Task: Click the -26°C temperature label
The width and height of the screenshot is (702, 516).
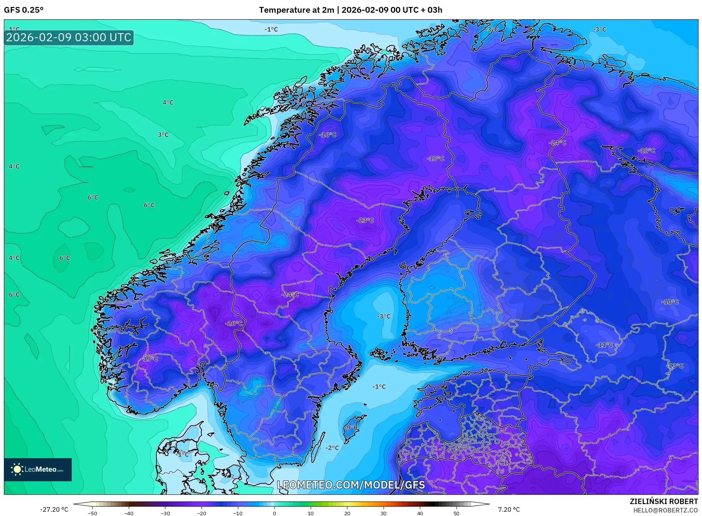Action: click(x=234, y=323)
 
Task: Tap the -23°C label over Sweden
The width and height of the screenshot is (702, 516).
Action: click(x=365, y=220)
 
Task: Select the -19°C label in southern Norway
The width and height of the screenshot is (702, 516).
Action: click(x=150, y=359)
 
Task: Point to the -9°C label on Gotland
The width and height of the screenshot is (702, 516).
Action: click(x=351, y=428)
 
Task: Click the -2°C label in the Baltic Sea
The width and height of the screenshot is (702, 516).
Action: click(x=332, y=448)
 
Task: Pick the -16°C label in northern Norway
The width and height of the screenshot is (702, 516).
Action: click(x=328, y=135)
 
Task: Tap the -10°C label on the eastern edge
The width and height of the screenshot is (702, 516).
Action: click(x=670, y=302)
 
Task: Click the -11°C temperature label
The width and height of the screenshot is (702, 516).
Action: click(x=604, y=344)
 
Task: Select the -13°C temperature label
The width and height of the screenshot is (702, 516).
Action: click(x=675, y=366)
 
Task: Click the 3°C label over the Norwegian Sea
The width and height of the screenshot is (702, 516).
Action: click(x=163, y=135)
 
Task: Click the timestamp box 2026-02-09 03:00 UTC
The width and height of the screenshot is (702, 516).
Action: click(x=69, y=37)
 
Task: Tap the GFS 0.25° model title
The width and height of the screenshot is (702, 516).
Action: click(x=24, y=10)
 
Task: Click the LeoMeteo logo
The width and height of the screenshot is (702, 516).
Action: click(x=38, y=469)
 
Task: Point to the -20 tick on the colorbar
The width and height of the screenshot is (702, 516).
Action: click(x=202, y=513)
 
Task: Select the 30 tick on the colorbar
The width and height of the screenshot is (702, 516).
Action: click(x=384, y=513)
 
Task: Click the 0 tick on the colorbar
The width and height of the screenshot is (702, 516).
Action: click(x=274, y=513)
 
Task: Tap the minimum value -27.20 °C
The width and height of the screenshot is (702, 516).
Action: click(x=54, y=509)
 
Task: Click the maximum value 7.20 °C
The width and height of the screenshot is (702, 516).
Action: click(x=508, y=509)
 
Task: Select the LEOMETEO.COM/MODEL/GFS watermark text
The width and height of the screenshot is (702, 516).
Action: click(x=351, y=485)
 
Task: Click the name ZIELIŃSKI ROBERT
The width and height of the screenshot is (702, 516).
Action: click(x=663, y=501)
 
